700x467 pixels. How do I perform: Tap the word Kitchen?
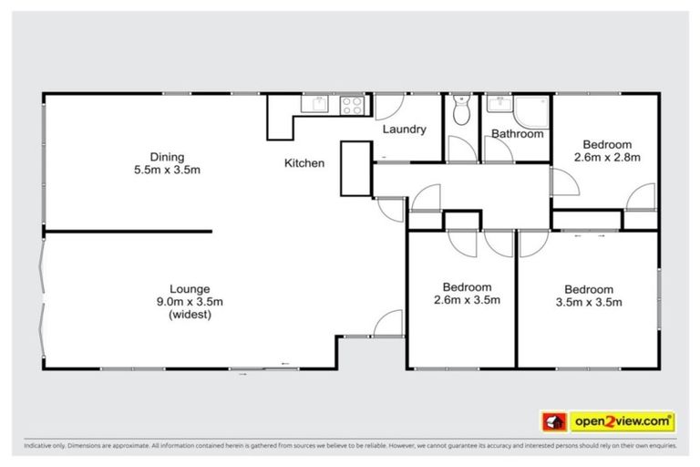(304, 164)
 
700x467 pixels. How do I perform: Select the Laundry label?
(404, 130)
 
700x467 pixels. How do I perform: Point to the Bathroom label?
(517, 134)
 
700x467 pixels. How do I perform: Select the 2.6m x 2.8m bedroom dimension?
(607, 157)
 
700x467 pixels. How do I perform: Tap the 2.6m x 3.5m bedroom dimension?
(467, 300)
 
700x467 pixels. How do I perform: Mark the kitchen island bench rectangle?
(356, 169)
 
